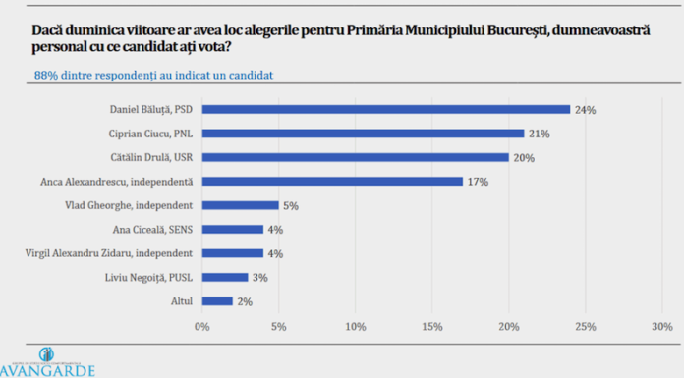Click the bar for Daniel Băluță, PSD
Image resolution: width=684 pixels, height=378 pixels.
(385, 109)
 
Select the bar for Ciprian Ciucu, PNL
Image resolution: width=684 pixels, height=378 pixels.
(363, 133)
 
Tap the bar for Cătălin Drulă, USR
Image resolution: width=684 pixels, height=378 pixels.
(355, 157)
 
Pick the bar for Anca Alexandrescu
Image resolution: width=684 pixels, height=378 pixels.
(332, 181)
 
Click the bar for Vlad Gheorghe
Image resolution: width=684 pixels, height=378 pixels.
(240, 205)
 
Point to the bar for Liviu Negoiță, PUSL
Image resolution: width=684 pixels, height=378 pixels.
(225, 277)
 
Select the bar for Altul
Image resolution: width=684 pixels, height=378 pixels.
(217, 301)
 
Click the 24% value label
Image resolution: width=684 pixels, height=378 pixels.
(586, 109)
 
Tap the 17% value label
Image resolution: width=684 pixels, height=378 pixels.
(479, 181)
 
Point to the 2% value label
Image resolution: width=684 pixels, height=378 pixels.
(247, 301)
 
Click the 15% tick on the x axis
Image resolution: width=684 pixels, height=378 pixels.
(432, 325)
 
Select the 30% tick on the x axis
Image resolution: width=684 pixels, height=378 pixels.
(662, 325)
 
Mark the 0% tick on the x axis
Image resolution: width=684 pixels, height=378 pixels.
(202, 325)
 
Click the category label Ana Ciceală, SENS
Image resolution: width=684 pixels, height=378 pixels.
(149, 230)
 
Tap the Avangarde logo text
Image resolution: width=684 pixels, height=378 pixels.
(48, 370)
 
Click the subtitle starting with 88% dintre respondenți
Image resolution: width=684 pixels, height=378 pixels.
(153, 75)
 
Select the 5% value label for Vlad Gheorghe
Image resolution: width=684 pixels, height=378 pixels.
(291, 205)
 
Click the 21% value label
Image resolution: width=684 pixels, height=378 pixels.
(539, 133)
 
